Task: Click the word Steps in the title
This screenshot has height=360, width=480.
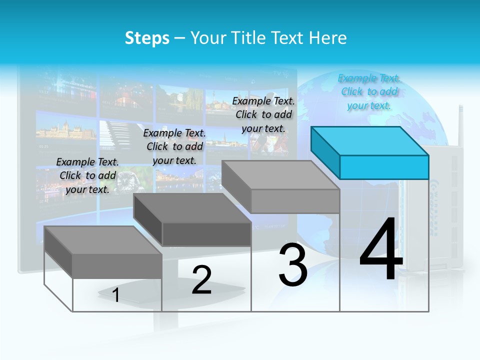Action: click(x=147, y=38)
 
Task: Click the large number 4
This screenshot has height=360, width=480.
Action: click(x=381, y=250)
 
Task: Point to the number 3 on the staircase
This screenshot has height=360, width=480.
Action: click(x=292, y=265)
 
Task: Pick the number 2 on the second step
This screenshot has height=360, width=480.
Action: click(x=201, y=280)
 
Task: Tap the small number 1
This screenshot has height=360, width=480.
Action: click(x=116, y=295)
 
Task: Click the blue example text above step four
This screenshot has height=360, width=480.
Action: click(x=369, y=92)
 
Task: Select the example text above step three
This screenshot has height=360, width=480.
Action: click(x=263, y=114)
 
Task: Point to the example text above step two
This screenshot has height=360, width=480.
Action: click(x=174, y=146)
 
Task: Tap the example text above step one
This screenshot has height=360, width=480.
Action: click(x=87, y=175)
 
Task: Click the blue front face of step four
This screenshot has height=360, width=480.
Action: click(x=384, y=167)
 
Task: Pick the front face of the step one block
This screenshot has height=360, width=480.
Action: click(x=117, y=265)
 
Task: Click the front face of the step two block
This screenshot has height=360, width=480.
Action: click(x=206, y=234)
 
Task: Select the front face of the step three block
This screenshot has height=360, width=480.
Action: click(x=295, y=201)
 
